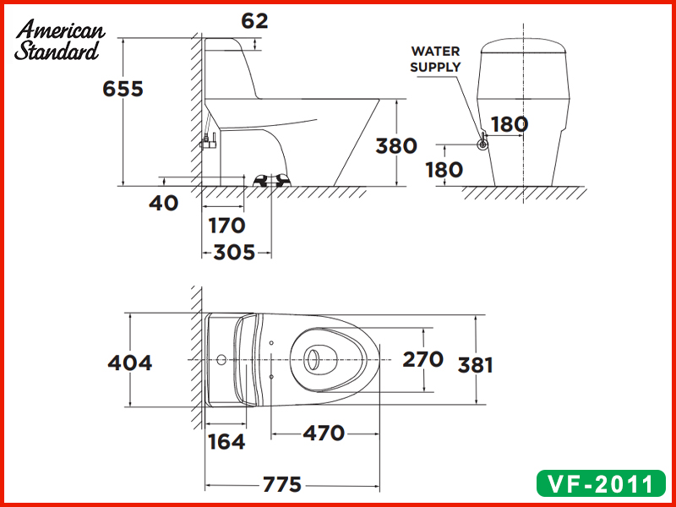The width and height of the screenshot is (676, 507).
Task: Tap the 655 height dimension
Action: click(x=123, y=89)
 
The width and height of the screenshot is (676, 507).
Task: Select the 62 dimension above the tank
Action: click(x=254, y=21)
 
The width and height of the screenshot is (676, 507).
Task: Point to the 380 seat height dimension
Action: click(x=396, y=145)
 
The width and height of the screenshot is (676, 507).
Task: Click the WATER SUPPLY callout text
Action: click(x=436, y=59)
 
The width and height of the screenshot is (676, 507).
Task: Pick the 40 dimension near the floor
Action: click(x=166, y=203)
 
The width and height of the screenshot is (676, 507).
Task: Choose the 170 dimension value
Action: click(x=226, y=226)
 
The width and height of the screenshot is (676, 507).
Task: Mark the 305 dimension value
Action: click(x=234, y=252)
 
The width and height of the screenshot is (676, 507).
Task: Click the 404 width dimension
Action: click(x=130, y=363)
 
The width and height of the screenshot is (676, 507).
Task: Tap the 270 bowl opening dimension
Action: click(x=422, y=359)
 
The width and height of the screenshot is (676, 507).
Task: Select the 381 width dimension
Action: click(x=475, y=365)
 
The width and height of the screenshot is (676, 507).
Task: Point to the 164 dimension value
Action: click(x=226, y=441)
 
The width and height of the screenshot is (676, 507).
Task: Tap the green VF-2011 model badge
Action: click(x=601, y=484)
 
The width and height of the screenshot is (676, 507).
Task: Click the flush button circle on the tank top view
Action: click(x=221, y=361)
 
